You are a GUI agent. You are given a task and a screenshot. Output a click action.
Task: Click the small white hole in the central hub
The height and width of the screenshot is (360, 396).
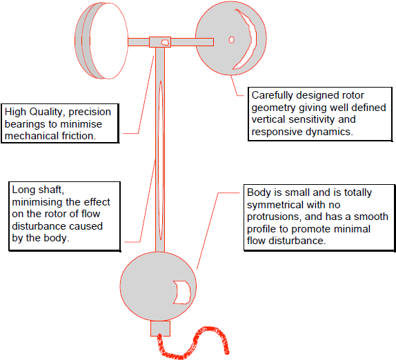[165, 42]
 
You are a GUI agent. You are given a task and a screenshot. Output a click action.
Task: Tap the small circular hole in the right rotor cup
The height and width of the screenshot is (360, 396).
[232, 39]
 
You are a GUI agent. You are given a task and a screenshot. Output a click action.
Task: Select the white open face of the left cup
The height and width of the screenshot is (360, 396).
[109, 41]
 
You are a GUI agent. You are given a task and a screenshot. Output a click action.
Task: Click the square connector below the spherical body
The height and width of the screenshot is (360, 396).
[160, 328]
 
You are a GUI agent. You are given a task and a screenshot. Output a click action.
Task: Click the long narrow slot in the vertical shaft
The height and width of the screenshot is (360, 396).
[160, 160]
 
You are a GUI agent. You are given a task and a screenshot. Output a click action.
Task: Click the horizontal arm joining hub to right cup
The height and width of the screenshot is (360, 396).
[192, 42]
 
